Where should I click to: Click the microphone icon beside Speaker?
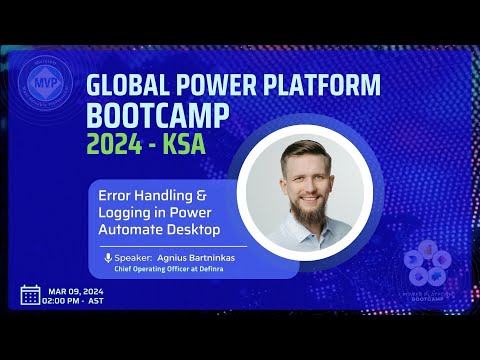click(108, 256)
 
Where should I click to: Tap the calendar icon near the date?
click(30, 295)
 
